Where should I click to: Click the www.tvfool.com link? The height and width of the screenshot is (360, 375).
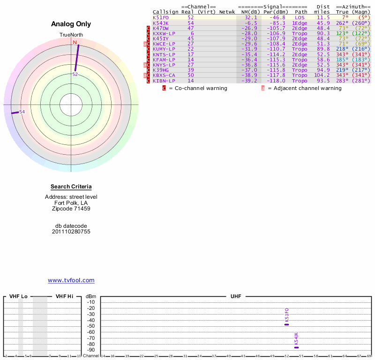[x=71, y=280]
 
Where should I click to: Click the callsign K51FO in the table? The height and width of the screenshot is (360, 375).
[x=160, y=17]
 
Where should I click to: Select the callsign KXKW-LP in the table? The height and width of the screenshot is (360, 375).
[x=164, y=33]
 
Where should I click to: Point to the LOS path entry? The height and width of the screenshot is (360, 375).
[x=300, y=17]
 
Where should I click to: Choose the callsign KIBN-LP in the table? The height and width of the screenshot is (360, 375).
[x=164, y=81]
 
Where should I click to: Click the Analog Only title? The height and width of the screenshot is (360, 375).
[x=71, y=24]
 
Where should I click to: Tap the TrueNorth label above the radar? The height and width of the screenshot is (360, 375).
[x=71, y=35]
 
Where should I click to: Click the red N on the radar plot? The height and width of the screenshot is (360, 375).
[x=74, y=43]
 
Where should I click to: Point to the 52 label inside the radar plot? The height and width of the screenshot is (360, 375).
[x=75, y=74]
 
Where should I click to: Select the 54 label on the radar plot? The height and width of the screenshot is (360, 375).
[x=22, y=112]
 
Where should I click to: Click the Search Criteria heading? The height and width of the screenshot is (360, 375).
[x=71, y=187]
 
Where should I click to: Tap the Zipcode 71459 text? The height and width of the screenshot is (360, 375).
[x=71, y=209]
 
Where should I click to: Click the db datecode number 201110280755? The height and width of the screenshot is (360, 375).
[x=71, y=232]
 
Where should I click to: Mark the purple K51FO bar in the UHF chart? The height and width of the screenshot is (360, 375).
[x=287, y=324]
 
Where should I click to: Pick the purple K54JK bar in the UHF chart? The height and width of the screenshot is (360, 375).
[x=296, y=347]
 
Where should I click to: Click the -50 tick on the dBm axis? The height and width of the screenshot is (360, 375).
[x=91, y=326]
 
